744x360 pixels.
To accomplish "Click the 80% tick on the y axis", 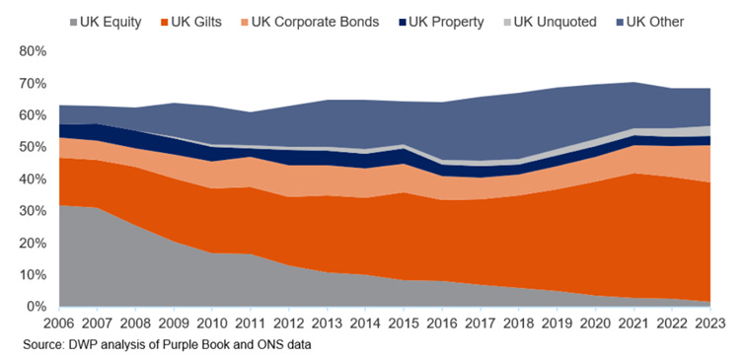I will [33, 51].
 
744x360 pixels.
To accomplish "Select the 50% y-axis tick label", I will [33, 147].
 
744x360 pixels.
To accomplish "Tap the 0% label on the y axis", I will [37, 307].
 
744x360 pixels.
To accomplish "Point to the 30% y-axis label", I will [33, 211].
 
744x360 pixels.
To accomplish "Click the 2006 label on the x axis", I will [59, 324].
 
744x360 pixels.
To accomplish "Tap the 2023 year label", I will [710, 324].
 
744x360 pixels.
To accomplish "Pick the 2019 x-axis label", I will [558, 324].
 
